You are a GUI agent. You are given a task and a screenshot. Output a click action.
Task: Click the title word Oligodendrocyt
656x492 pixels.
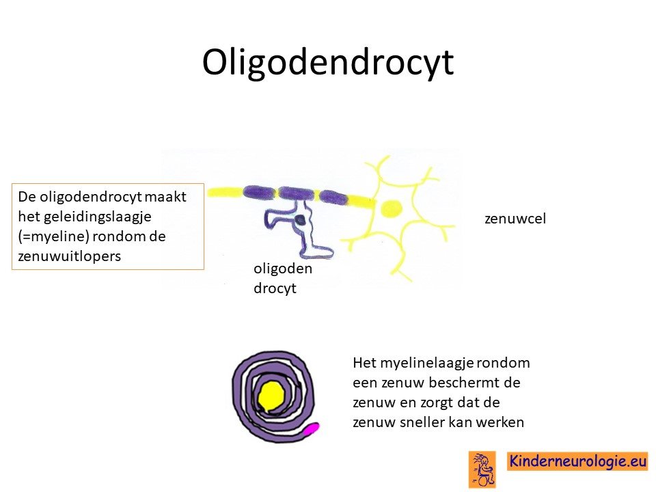[328, 63]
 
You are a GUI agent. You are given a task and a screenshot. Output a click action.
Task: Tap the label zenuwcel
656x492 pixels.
[515, 219]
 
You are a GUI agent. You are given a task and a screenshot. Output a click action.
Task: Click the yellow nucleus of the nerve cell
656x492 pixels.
[392, 208]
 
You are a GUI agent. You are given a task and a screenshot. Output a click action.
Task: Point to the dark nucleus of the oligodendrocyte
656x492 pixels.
[300, 219]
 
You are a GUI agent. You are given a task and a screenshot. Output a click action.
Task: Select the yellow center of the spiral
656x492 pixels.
[272, 396]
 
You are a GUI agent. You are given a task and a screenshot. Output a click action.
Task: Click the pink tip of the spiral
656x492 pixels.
[312, 429]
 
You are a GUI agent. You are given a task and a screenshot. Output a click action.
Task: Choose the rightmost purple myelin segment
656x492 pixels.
[333, 197]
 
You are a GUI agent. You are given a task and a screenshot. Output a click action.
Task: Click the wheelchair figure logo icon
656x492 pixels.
[482, 469]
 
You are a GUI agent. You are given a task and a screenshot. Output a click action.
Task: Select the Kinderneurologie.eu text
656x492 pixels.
[578, 461]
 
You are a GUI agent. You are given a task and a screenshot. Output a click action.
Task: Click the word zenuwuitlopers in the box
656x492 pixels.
[70, 256]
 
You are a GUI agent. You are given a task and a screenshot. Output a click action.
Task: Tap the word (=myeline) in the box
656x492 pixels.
[53, 237]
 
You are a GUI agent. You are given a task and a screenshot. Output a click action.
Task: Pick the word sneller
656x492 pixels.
[422, 422]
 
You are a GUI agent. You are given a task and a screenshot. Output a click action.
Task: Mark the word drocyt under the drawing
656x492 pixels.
[275, 288]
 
